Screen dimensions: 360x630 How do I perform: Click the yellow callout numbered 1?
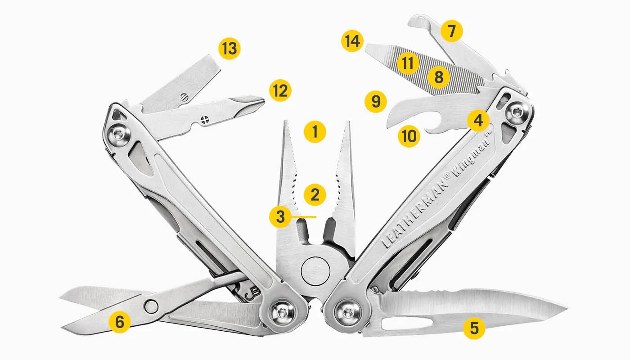[315, 132]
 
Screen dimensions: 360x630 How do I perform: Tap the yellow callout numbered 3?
[280, 216]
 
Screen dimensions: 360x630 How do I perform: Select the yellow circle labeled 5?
[474, 328]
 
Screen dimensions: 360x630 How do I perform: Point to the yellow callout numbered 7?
[451, 31]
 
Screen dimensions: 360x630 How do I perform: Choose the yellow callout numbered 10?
[409, 135]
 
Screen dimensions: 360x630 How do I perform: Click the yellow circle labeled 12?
[280, 90]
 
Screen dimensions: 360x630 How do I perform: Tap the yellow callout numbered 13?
[229, 48]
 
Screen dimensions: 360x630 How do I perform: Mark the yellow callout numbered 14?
[352, 41]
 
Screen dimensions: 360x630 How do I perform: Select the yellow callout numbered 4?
[478, 120]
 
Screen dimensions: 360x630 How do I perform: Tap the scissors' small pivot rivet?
[151, 306]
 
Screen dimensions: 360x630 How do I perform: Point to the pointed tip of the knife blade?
[566, 308]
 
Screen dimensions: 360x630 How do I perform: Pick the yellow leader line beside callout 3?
[304, 216]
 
